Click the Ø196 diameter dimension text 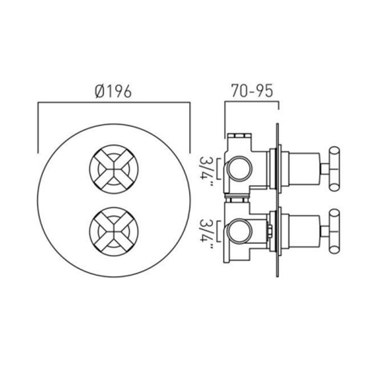pyautogui.click(x=113, y=91)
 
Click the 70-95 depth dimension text pyautogui.click(x=252, y=91)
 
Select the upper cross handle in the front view pyautogui.click(x=114, y=169)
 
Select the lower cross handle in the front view pyautogui.click(x=114, y=232)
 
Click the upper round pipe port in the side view pyautogui.click(x=239, y=169)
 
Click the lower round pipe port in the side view pyautogui.click(x=239, y=232)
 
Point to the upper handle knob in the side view pyautogui.click(x=334, y=169)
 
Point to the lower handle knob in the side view pyautogui.click(x=334, y=231)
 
